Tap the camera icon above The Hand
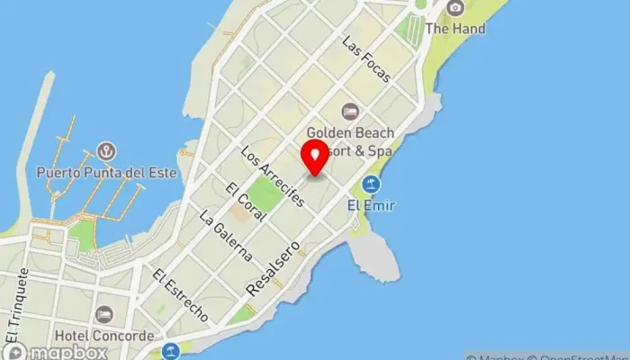coord(455,8)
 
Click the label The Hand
coord(455,29)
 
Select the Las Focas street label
coord(366,58)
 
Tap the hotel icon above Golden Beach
coord(349,112)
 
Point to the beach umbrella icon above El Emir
coord(371,184)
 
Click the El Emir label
coord(371,205)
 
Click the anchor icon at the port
coord(106,150)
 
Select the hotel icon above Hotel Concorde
coord(103,315)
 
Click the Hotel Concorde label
coord(103,336)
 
